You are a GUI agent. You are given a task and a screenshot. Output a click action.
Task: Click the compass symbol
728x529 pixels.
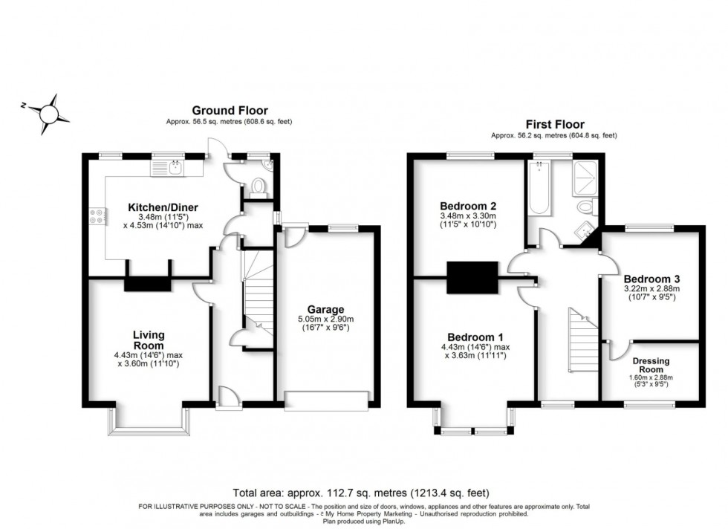click(x=50, y=112)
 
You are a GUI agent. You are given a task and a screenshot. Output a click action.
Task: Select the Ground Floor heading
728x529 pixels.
click(x=230, y=111)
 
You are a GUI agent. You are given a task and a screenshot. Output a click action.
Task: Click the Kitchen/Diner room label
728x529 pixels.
click(x=163, y=207)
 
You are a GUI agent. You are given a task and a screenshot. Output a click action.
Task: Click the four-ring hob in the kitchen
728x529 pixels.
click(x=97, y=216)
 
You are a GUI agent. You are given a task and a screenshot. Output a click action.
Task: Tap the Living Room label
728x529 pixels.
click(x=149, y=340)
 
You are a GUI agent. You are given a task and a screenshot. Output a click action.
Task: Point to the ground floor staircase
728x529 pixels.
click(x=257, y=293)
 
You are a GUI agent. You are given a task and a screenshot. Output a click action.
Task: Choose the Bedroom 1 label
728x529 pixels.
click(x=470, y=337)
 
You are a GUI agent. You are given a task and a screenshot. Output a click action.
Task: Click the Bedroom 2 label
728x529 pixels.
click(x=467, y=206)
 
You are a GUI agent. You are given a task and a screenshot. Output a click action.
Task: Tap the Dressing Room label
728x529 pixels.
click(x=651, y=366)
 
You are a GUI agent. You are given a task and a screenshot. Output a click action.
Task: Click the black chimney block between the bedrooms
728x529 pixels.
click(x=472, y=278)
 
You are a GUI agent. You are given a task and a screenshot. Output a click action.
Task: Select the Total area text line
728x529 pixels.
click(x=362, y=493)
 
